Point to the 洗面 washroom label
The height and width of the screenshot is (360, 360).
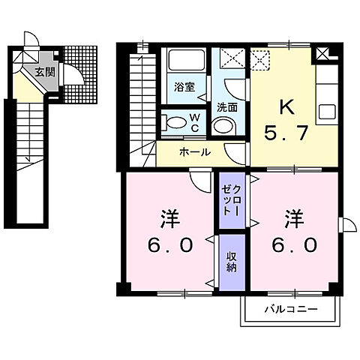click(x=227, y=106)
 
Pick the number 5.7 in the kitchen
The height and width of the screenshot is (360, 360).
click(x=286, y=136)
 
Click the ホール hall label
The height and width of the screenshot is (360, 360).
click(x=194, y=152)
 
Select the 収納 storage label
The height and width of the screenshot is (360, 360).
click(x=231, y=261)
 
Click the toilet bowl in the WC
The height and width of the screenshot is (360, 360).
click(x=174, y=122)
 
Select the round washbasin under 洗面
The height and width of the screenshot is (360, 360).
click(x=223, y=125)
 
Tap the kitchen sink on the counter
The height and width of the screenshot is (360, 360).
click(x=328, y=113)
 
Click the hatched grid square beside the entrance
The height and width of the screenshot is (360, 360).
click(x=76, y=58)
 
